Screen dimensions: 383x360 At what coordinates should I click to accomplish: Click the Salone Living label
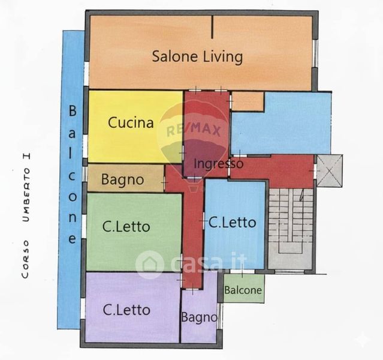pos(197,57)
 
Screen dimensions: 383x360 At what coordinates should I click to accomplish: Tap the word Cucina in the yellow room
pos(131,122)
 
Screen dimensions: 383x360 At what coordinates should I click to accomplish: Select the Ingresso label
pos(218,164)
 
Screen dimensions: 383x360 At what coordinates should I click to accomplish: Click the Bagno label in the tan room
pos(122,180)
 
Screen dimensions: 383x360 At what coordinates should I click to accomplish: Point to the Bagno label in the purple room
pos(199,317)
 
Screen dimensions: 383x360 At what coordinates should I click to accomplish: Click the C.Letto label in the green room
pos(126,226)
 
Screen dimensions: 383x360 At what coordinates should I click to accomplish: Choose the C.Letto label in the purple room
pos(126,310)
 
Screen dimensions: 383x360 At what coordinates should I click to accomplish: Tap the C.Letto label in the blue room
pos(232,223)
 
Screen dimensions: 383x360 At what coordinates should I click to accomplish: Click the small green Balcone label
pos(243,290)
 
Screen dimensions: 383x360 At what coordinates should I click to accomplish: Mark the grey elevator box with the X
pos(329,171)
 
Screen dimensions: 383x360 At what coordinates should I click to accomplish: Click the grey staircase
pos(290,229)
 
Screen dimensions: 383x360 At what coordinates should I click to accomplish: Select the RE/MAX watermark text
pos(194,130)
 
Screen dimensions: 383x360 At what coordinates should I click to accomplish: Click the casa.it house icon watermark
pos(149,265)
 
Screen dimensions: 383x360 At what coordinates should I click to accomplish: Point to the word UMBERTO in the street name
pos(26,195)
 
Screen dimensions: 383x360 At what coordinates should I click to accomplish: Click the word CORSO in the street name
pos(25,259)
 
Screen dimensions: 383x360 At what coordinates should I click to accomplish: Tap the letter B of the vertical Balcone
pos(73,110)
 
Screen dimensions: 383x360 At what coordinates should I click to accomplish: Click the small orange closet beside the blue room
pos(248,101)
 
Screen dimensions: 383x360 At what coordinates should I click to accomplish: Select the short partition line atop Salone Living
pos(212,27)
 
